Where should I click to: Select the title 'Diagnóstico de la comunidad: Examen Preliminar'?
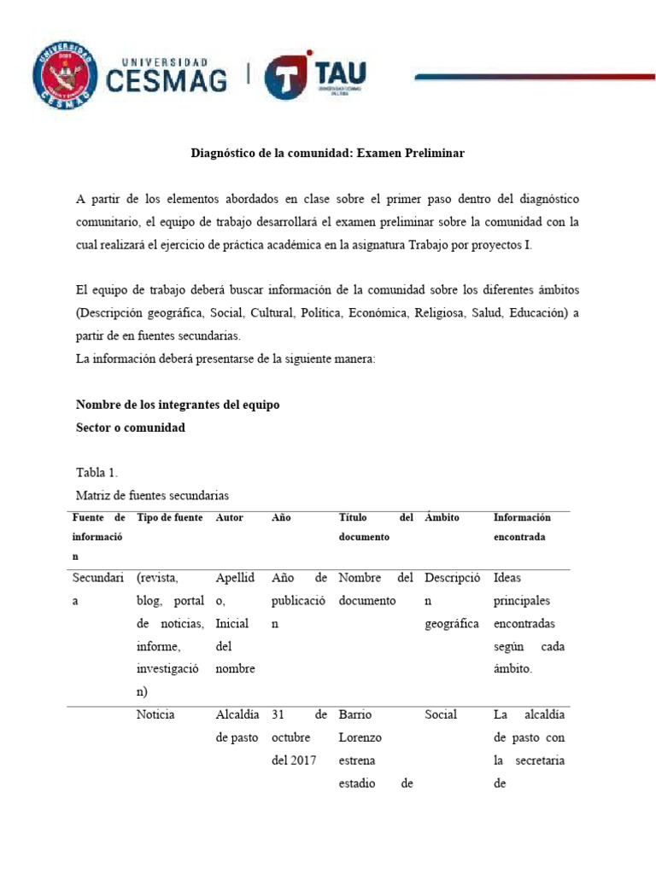[327, 154]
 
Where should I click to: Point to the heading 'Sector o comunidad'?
[130, 427]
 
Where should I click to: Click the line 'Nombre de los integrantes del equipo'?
[178, 405]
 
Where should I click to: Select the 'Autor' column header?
[230, 517]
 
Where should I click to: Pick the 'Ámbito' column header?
[442, 517]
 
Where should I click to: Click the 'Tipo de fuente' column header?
[169, 517]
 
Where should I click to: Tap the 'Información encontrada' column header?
[522, 527]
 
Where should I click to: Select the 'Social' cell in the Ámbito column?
[441, 714]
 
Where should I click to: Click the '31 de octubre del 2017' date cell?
[298, 737]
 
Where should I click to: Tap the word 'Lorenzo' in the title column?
[360, 737]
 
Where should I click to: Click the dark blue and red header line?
[535, 77]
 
